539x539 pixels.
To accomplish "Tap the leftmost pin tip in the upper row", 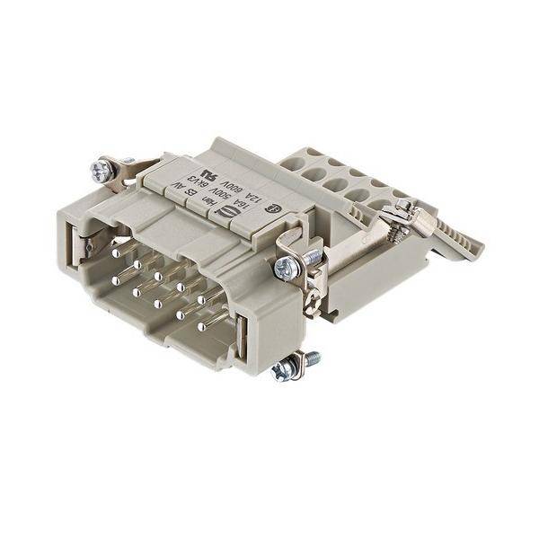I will pyautogui.click(x=116, y=253).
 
